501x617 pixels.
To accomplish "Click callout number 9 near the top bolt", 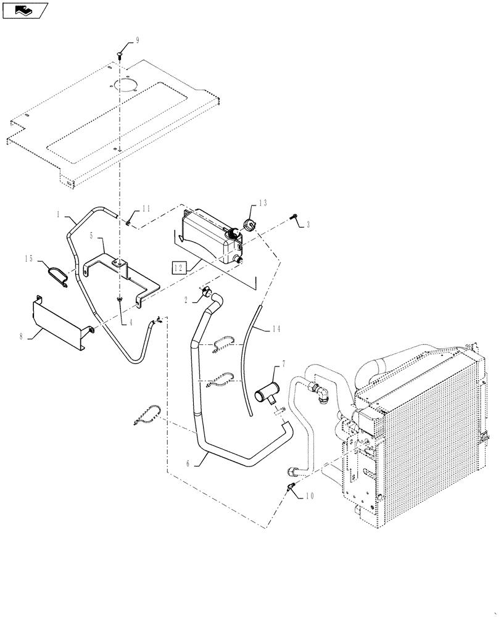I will point(137,40).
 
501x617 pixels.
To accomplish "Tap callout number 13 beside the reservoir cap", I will point(263,203).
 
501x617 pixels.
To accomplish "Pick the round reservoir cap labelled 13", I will point(250,225).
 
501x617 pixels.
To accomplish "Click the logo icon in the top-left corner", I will point(23,10).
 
